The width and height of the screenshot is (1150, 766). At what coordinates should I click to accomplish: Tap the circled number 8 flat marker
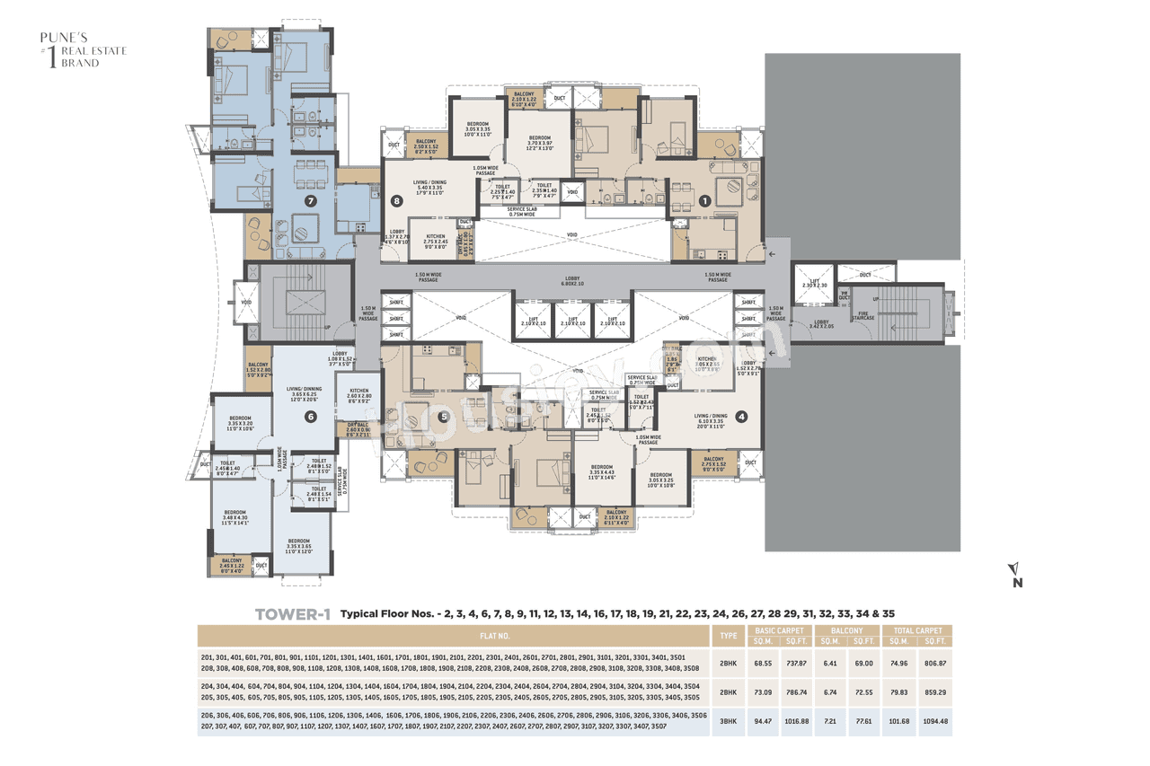click(396, 201)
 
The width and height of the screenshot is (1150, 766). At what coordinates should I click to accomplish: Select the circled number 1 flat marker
click(705, 201)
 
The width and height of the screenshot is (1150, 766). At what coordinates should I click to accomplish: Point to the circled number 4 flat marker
click(741, 417)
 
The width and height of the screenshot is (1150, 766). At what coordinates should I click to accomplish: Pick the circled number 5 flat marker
click(443, 417)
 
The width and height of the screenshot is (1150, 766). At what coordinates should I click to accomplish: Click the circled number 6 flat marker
click(310, 417)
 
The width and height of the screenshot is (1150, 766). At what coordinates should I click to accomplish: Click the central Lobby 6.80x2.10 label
click(573, 282)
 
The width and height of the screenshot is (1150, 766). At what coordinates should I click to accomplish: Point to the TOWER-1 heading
click(293, 615)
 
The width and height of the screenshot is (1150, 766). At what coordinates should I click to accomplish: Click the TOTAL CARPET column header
click(917, 630)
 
